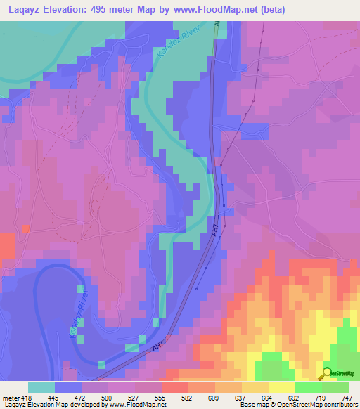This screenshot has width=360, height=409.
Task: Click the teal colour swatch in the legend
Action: pyautogui.click(x=41, y=387)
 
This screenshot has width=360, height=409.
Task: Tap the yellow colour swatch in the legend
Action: pyautogui.click(x=282, y=387)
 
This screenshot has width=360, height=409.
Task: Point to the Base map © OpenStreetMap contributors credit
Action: pyautogui.click(x=297, y=405)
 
